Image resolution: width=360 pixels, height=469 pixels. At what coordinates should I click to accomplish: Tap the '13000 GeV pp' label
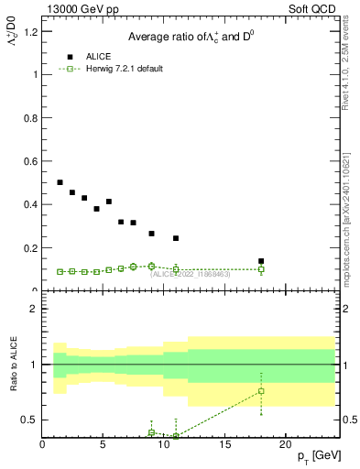pos(74,9)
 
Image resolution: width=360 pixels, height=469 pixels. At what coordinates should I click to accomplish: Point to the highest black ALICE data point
pos(60,182)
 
